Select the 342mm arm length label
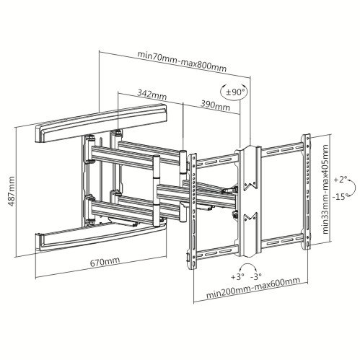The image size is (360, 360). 152,95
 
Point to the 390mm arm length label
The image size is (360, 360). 215,104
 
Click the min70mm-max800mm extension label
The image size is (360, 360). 182,61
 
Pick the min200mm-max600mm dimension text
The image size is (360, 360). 253,287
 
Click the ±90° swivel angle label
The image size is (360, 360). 233,92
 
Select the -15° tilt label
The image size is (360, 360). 341,196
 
